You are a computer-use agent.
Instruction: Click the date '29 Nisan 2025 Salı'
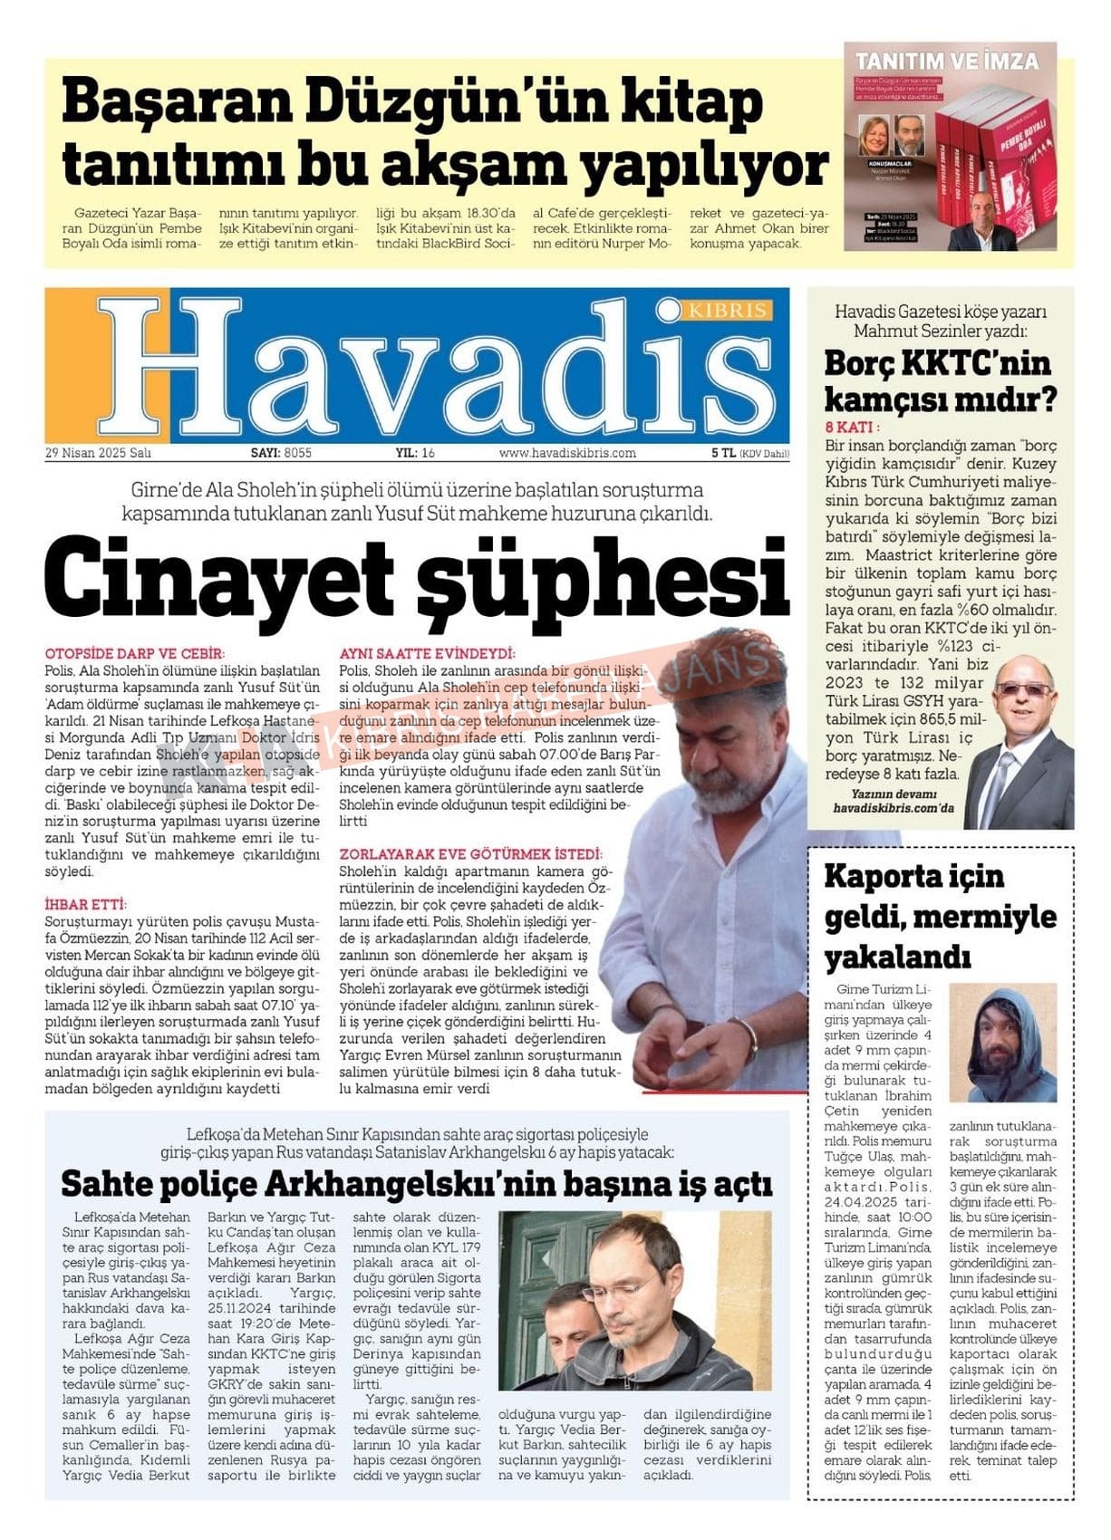(x=98, y=453)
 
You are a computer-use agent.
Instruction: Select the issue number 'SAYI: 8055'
(x=281, y=453)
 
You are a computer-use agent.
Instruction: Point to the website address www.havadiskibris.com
(x=567, y=453)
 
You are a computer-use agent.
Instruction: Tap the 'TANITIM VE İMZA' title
(x=947, y=63)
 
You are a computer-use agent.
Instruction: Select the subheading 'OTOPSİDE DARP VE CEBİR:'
(x=134, y=653)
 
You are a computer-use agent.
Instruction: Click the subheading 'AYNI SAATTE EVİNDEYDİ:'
(x=427, y=653)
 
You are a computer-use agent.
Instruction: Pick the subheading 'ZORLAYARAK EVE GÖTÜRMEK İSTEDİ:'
(x=469, y=853)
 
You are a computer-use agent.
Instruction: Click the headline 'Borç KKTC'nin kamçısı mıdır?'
(x=939, y=380)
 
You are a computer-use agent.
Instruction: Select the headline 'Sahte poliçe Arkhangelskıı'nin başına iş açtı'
(x=417, y=1183)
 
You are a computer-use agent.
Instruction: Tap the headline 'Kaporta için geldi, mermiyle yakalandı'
(x=939, y=916)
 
